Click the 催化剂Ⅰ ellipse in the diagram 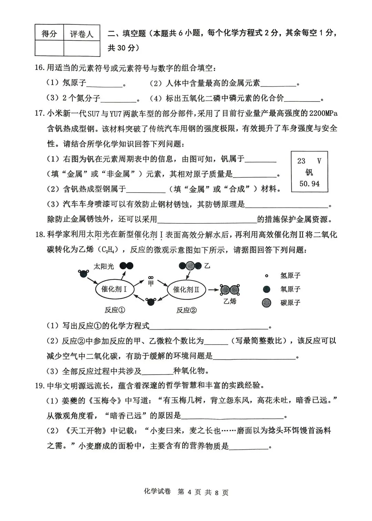coord(114,289)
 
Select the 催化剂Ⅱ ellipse coord(186,289)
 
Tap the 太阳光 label coord(104,266)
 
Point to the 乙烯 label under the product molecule coord(230,301)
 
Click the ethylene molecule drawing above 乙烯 coord(230,290)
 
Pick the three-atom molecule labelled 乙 coord(190,266)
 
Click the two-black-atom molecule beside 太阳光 coord(126,266)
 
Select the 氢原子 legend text coord(290,276)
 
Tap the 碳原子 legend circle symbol coord(266,303)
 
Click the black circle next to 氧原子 coord(266,289)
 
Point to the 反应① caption coord(115,310)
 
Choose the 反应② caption coord(186,310)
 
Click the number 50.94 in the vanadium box coord(309,184)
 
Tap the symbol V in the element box coord(319,161)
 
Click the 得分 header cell coord(49,33)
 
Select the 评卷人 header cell coord(82,33)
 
